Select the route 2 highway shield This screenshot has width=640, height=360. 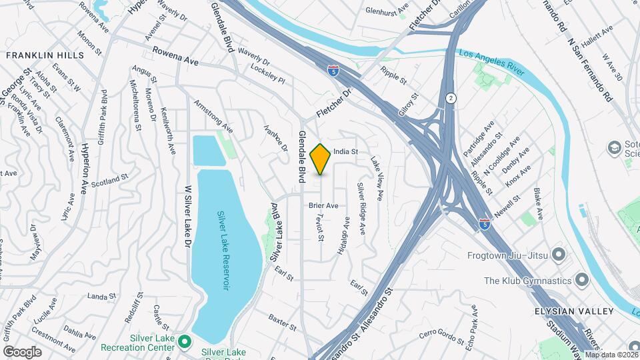[451, 98]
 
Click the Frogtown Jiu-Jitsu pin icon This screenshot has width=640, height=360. [559, 255]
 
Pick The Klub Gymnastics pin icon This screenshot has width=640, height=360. [581, 280]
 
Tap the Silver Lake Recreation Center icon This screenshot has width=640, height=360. [186, 343]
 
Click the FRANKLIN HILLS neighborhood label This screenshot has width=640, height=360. [45, 56]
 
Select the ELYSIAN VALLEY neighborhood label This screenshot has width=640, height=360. [573, 311]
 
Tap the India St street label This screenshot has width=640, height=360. [346, 152]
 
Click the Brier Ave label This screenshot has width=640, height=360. [323, 205]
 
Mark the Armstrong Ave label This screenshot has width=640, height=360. [213, 116]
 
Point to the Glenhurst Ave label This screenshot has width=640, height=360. [387, 11]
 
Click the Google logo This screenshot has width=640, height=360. [22, 351]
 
